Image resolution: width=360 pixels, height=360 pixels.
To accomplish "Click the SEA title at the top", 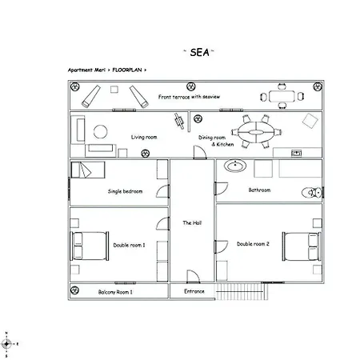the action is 199,52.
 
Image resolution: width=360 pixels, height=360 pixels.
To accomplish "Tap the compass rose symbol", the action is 6,344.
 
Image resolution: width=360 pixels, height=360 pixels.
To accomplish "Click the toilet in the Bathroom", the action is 312,193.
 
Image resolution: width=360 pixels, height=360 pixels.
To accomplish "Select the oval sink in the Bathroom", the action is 235,166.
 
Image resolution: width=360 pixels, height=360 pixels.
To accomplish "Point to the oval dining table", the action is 256,132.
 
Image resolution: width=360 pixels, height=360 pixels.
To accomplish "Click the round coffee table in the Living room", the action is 101,132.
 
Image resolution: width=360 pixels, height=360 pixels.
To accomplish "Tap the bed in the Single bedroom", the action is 88,170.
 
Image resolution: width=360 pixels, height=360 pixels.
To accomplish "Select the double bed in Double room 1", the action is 90,246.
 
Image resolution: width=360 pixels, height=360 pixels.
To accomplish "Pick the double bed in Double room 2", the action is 302,246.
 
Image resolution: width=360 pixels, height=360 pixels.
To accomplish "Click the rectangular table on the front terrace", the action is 282,96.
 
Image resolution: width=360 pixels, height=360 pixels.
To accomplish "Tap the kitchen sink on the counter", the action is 296,153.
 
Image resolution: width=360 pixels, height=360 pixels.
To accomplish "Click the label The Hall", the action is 192,222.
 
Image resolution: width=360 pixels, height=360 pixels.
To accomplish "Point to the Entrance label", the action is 194,291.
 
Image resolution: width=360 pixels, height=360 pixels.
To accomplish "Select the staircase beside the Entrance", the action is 242,291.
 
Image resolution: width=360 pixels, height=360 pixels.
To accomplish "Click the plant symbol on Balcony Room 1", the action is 74,290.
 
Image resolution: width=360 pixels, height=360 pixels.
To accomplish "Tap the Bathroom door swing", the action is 222,188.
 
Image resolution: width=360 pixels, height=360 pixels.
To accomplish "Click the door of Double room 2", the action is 222,246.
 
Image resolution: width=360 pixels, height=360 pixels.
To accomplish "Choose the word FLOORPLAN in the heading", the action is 127,70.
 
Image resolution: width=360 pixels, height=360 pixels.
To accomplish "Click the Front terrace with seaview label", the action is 189,97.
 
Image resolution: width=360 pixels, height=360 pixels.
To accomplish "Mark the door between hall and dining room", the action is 200,152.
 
